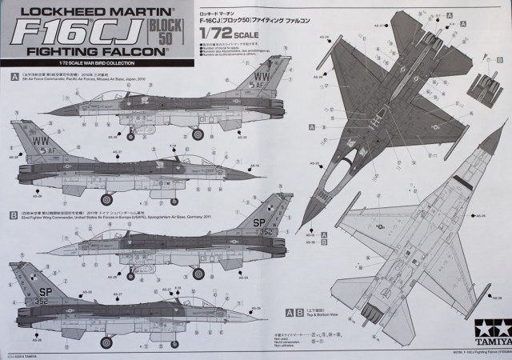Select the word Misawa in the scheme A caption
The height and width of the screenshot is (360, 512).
(116, 81)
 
